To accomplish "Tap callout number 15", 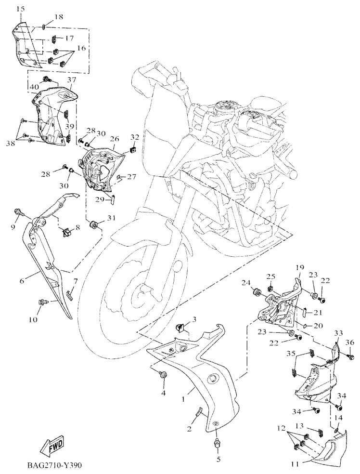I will click(x=20, y=9).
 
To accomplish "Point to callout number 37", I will click(x=72, y=80).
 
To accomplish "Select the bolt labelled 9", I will click(x=20, y=211).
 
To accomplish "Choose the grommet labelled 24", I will click(x=256, y=291).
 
